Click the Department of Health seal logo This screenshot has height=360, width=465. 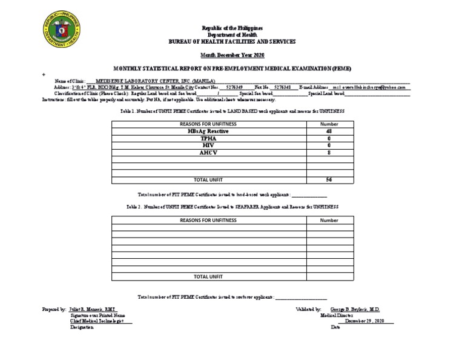tap(62, 30)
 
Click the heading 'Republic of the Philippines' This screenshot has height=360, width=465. tap(232, 28)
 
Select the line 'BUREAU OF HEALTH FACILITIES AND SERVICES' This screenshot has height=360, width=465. tap(232, 41)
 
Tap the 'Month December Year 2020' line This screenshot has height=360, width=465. tap(232, 55)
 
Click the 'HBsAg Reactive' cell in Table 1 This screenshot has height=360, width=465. tap(208, 131)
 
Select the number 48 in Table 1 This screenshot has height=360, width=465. tap(329, 131)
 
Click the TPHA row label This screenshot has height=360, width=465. tap(208, 138)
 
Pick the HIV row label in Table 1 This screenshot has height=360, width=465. tap(208, 145)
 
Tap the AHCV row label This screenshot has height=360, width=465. tap(208, 153)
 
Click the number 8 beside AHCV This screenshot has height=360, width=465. tap(329, 153)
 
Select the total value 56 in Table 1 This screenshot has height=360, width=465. tap(329, 180)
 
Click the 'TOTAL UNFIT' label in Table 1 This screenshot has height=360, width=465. tap(208, 180)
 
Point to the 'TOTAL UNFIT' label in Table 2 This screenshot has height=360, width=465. tap(208, 276)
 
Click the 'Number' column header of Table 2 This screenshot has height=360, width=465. tap(329, 221)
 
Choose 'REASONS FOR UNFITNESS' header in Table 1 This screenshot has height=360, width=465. tap(208, 124)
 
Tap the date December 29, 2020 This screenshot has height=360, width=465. tap(369, 321)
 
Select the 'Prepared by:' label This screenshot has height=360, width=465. tap(54, 309)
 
